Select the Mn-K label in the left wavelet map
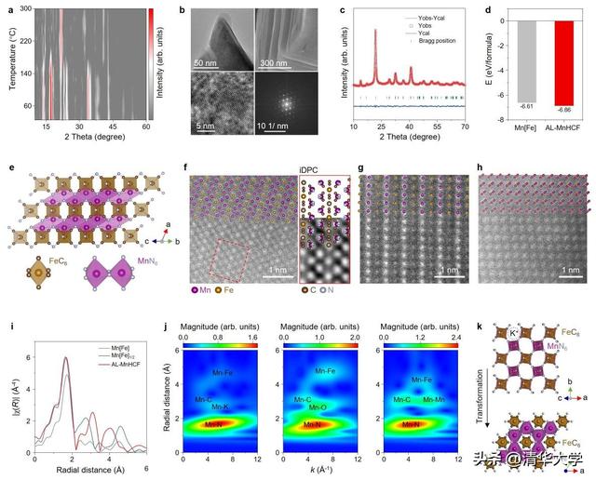click(x=221, y=407)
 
